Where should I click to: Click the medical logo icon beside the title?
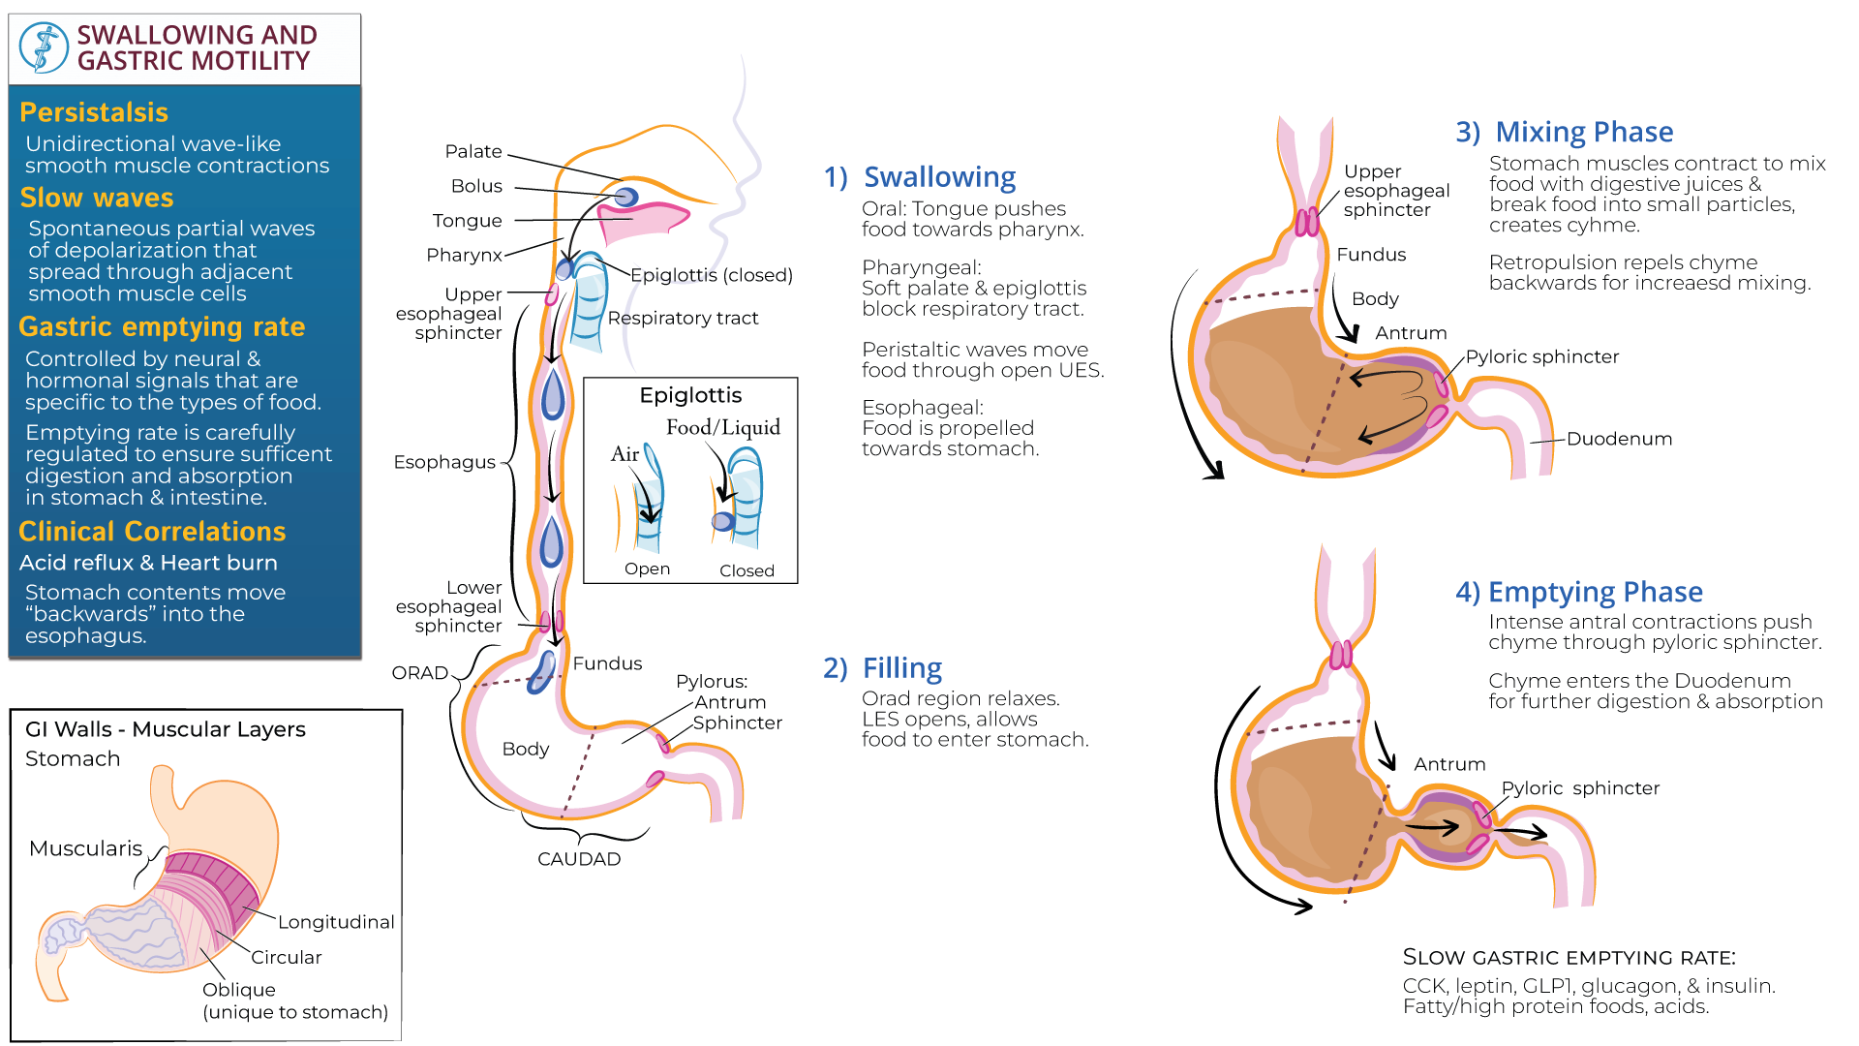tap(44, 48)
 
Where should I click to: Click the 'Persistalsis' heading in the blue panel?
tap(94, 112)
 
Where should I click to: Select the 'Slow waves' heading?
tap(97, 198)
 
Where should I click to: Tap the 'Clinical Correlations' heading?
tap(152, 532)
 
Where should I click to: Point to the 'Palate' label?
tap(473, 151)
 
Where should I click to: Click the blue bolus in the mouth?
tap(626, 198)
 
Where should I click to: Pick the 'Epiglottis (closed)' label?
tap(712, 275)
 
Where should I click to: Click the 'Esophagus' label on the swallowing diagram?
tap(444, 462)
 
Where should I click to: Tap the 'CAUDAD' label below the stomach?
tap(579, 859)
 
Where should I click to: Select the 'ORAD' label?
tap(420, 673)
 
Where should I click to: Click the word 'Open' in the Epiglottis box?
tap(647, 569)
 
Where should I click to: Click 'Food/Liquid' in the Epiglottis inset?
tap(723, 427)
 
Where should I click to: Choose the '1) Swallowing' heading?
tap(920, 177)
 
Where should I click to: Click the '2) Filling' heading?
tap(882, 668)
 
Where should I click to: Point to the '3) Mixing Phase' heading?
tap(1565, 132)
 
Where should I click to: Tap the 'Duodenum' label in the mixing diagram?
tap(1619, 439)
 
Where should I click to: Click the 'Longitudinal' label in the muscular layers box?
tap(336, 922)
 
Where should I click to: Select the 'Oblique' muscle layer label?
tap(239, 990)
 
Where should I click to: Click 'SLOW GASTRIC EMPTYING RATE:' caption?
tap(1569, 958)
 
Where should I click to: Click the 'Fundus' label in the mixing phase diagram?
tap(1371, 255)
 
